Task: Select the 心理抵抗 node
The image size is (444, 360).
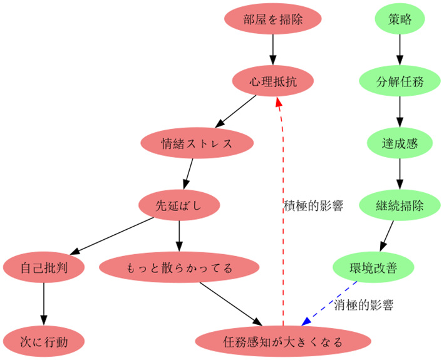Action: tap(272, 81)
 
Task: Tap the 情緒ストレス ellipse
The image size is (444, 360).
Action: tap(197, 143)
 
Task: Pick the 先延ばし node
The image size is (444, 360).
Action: tap(179, 205)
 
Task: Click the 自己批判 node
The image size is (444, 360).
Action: tap(44, 268)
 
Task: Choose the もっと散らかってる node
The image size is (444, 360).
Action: tap(180, 268)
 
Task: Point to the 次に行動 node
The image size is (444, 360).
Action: tap(44, 342)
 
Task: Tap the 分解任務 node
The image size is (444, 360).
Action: tap(400, 81)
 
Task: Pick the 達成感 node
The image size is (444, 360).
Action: tap(400, 143)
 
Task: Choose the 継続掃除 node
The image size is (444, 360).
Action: tap(400, 205)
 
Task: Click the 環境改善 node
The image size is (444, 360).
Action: tap(373, 268)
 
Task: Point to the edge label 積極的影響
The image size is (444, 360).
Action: tap(313, 205)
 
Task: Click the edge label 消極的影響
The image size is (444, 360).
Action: tap(364, 306)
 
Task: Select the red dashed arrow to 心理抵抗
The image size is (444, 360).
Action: tap(282, 207)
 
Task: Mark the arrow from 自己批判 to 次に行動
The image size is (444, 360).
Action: tap(44, 304)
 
